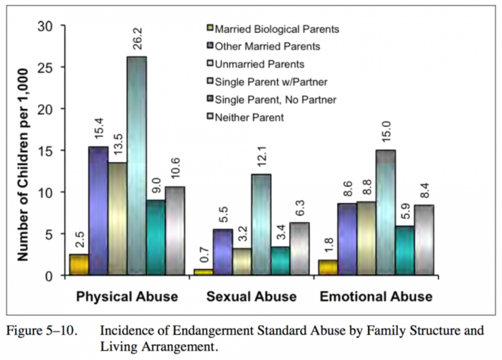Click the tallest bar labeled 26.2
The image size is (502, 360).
pyautogui.click(x=137, y=165)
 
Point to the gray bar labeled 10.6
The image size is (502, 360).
pyautogui.click(x=176, y=229)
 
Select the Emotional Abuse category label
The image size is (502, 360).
pyautogui.click(x=376, y=296)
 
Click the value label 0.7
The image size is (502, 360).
pyautogui.click(x=205, y=255)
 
